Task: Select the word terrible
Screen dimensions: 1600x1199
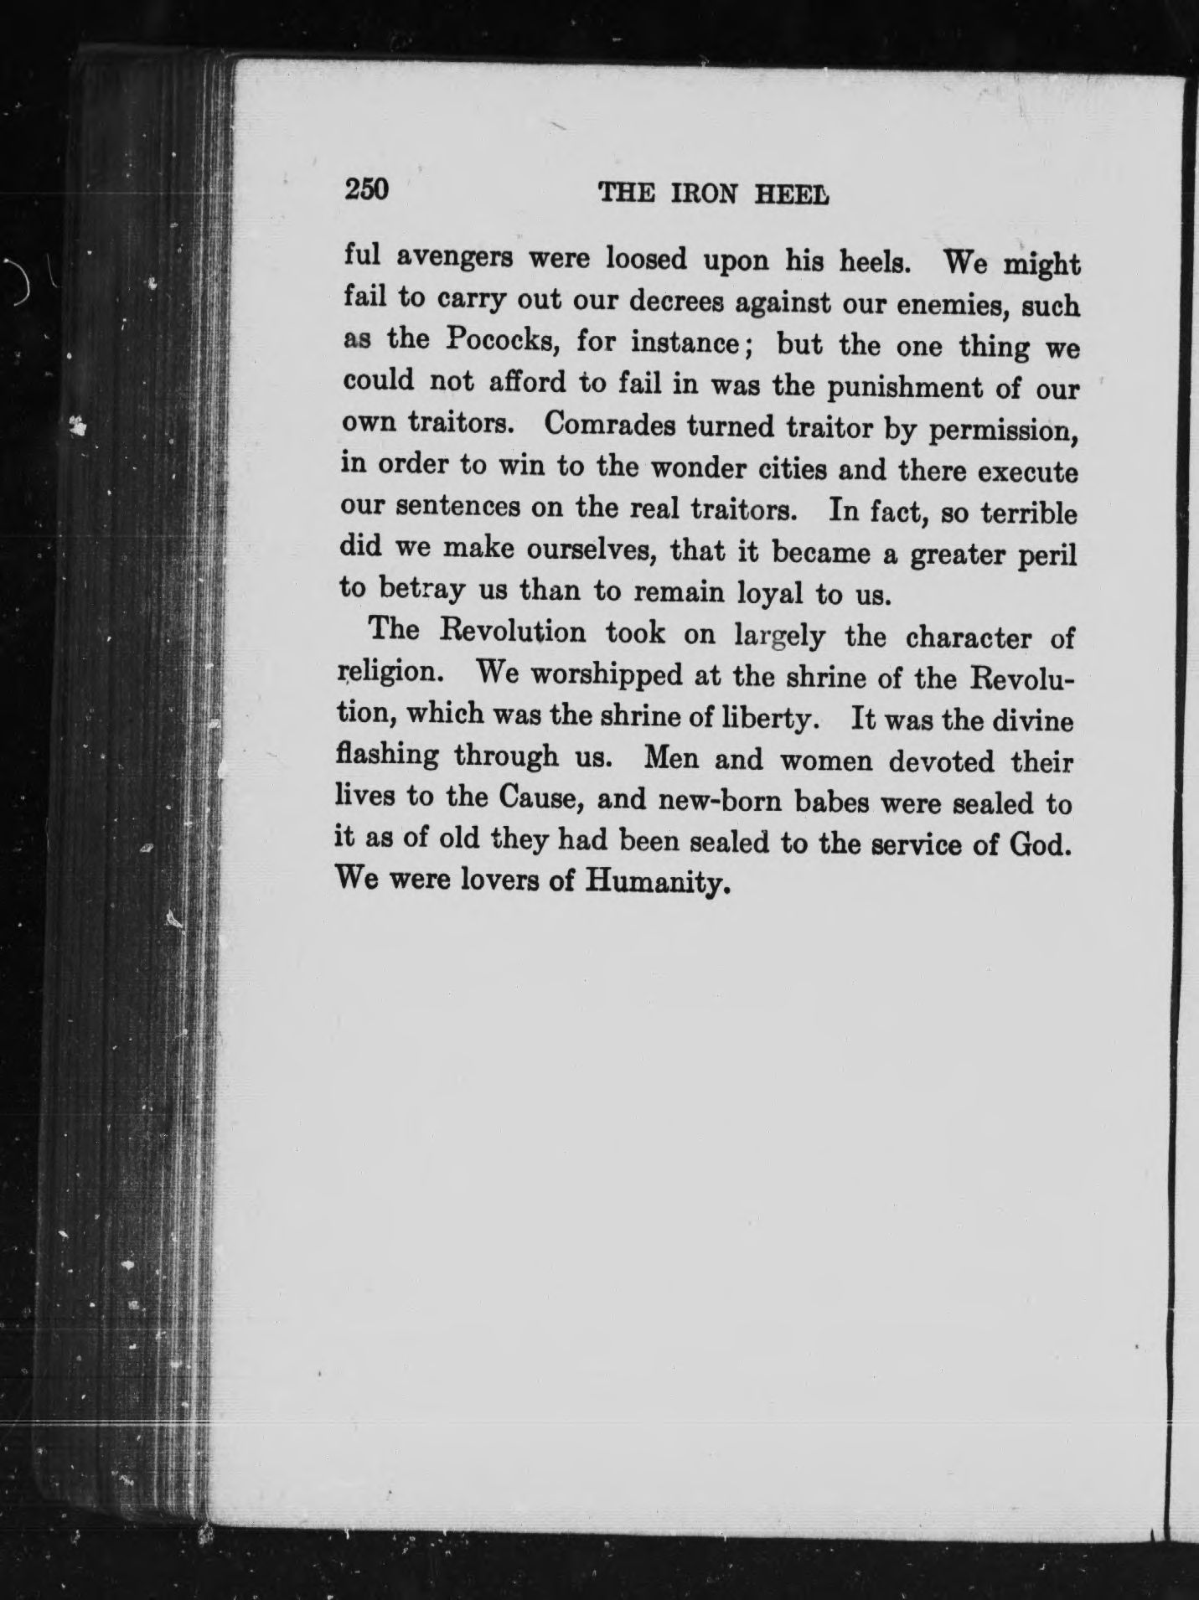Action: click(x=1029, y=513)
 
